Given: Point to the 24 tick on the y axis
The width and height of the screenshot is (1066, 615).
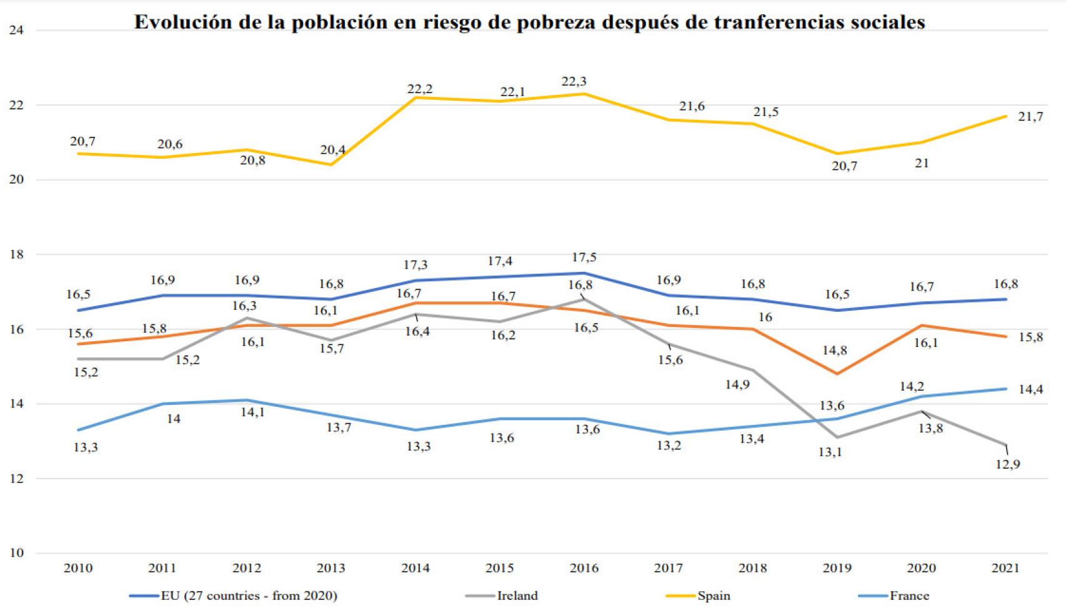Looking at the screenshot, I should (x=17, y=31).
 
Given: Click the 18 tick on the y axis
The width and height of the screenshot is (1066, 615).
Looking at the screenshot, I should (x=17, y=254).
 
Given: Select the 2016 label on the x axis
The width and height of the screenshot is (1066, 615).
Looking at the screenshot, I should (x=584, y=568).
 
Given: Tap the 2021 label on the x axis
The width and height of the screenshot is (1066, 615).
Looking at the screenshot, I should (x=1005, y=568).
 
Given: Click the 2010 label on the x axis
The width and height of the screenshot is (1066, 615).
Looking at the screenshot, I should (x=78, y=568).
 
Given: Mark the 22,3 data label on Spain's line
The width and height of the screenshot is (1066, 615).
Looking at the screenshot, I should (x=574, y=82).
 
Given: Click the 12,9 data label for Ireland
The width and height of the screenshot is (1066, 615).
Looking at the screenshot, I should (x=1007, y=464).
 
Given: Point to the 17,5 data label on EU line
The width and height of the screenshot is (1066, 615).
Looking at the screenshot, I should (x=584, y=257).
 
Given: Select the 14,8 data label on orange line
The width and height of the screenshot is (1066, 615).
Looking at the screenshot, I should (x=834, y=351).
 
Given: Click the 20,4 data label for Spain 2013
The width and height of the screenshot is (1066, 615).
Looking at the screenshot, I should (x=332, y=151).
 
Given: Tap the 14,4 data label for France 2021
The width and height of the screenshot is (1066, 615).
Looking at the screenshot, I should (x=1030, y=389).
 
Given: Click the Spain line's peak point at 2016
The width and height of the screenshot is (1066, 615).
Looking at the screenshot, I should (x=584, y=94).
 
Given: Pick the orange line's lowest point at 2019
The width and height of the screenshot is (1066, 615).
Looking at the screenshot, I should (x=837, y=374).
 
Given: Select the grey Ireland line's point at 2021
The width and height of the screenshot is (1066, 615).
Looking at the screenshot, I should (x=1005, y=445).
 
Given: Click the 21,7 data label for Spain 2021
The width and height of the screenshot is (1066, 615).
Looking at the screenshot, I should (x=1030, y=117).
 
